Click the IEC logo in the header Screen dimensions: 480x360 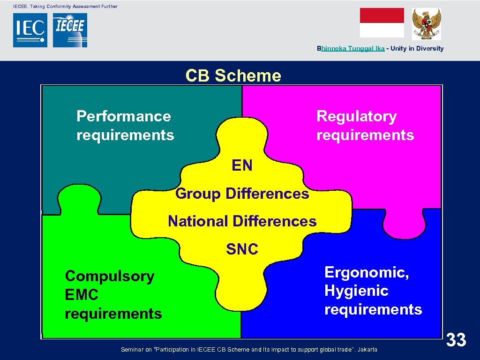coord(30,30)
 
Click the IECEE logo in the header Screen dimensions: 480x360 coord(70,30)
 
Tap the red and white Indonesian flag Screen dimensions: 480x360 coord(382,22)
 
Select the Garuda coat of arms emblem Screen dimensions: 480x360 coord(426,24)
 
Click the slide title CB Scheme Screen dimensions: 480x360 coord(233,75)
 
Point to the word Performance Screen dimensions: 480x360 coord(124,116)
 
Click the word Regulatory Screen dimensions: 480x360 coord(356,116)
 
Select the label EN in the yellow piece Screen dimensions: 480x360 coord(242,165)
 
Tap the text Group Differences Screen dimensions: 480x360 coord(242,193)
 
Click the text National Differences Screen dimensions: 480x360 coord(242,221)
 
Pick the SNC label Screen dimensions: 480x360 coord(242,249)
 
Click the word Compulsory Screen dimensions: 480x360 coord(110,276)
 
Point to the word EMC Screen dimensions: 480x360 coord(82,295)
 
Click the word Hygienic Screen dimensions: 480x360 coord(356,291)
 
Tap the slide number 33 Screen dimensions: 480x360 coord(456,339)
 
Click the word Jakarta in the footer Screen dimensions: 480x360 coord(367,349)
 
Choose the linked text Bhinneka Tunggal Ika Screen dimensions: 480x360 coord(351,48)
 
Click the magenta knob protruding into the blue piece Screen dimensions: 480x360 coord(404,225)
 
